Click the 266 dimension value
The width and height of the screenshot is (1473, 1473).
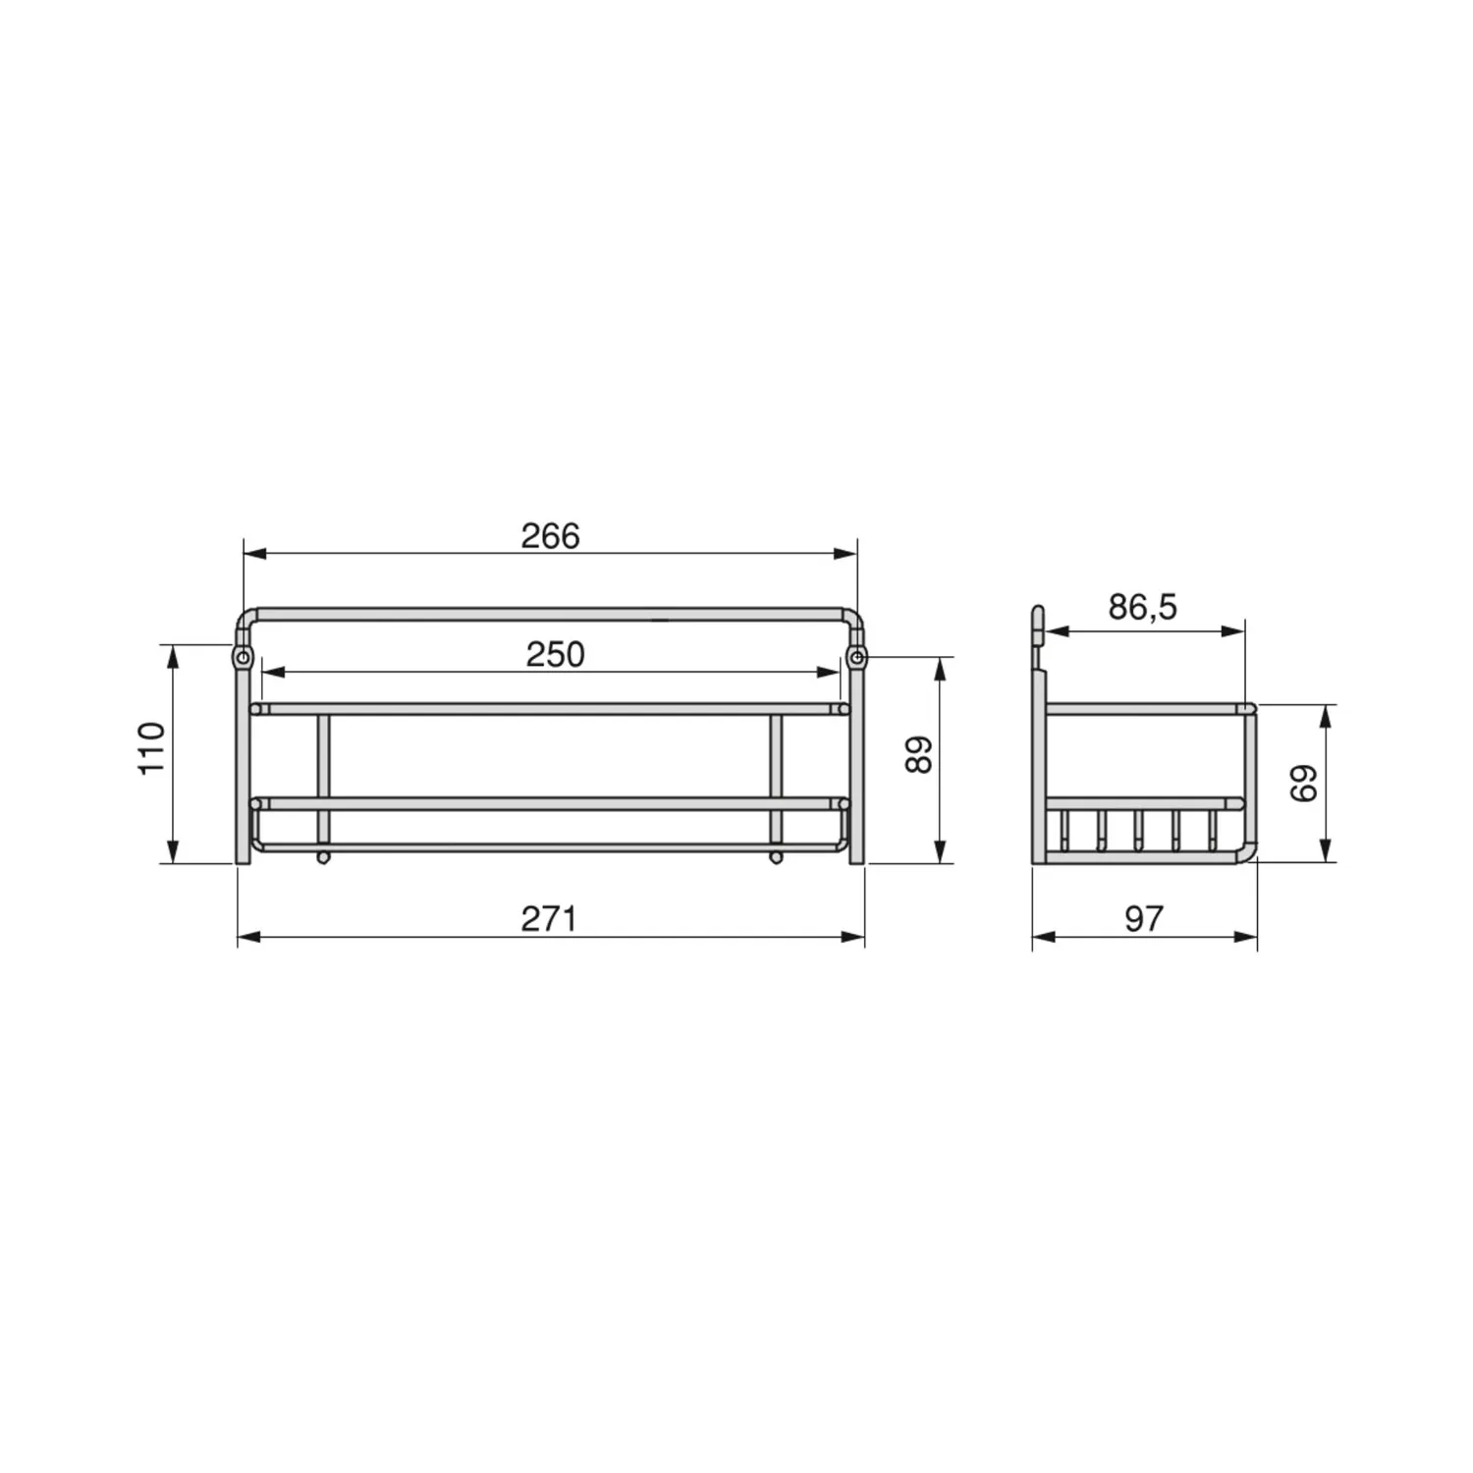[x=550, y=536]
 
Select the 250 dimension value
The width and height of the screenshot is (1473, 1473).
[x=555, y=654]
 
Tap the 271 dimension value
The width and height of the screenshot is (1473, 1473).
[x=548, y=919]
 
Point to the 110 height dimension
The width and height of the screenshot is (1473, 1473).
[x=151, y=748]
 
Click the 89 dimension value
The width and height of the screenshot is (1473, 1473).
[x=918, y=754]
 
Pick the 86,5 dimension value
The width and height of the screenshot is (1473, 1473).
[x=1142, y=608]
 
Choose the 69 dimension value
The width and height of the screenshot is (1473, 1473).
[x=1303, y=784]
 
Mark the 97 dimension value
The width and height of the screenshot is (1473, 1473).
[x=1144, y=919]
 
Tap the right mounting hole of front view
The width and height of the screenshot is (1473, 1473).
[x=857, y=656]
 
